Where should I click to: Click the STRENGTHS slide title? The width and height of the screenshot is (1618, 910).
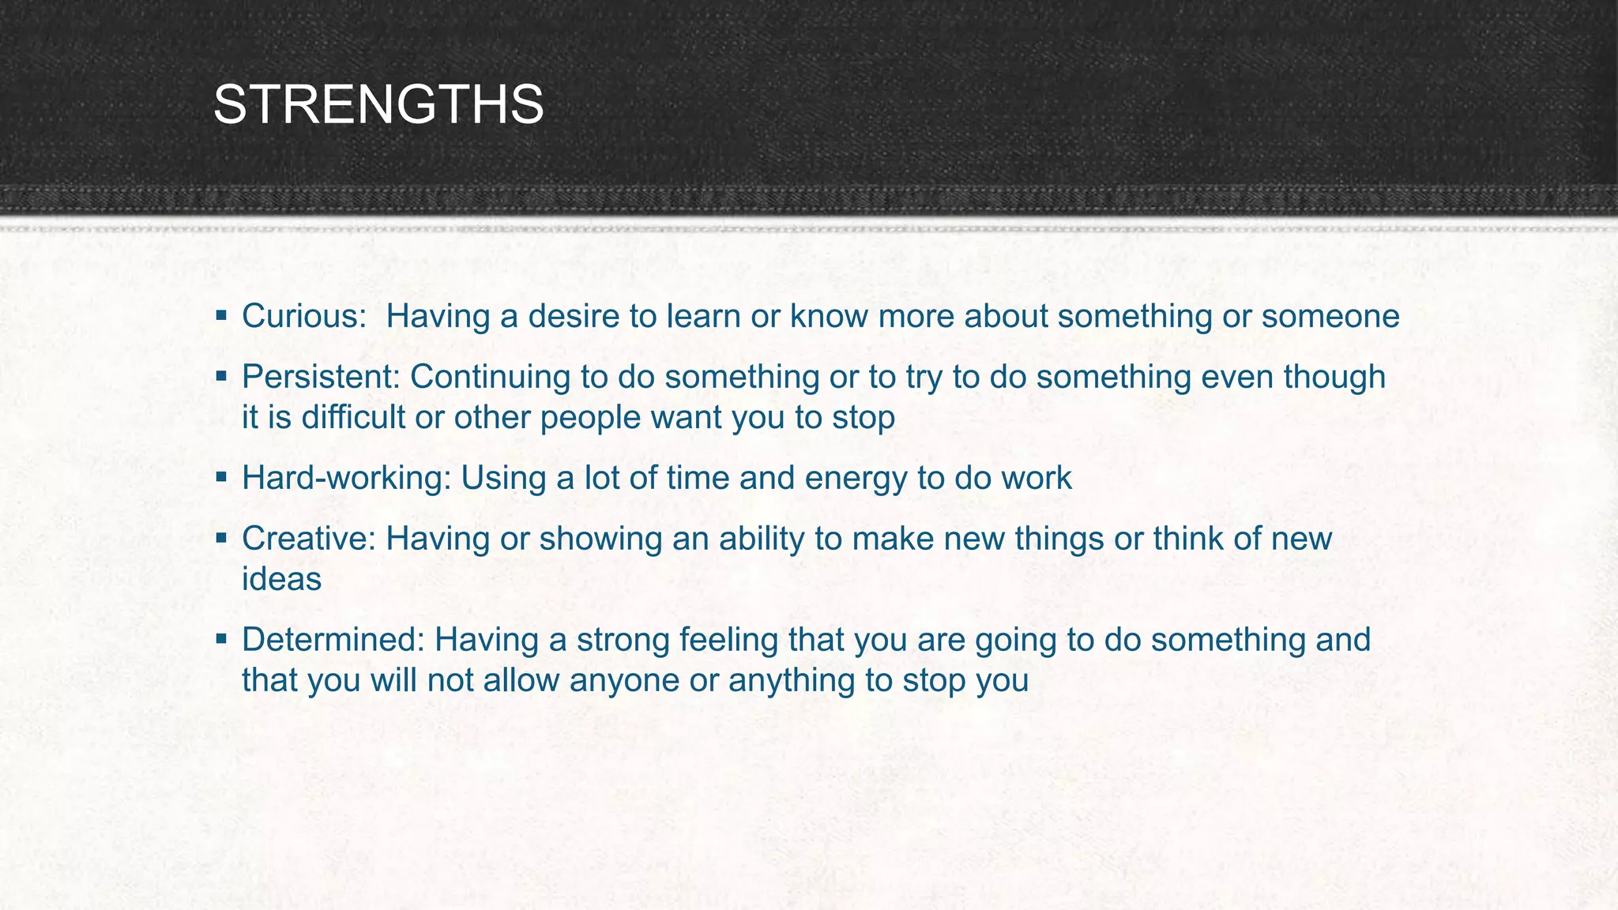coord(378,105)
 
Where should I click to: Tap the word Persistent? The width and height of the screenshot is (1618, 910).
coord(318,377)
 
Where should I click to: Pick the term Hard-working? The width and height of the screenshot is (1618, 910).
coord(344,479)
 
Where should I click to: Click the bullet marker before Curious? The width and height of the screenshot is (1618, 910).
coord(222,316)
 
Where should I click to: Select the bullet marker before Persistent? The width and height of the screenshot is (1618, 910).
coord(222,377)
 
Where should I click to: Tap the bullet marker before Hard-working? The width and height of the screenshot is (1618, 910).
coord(222,478)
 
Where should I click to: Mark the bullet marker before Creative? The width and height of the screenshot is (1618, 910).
coord(222,539)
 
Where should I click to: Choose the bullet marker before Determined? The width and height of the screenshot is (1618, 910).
coord(222,639)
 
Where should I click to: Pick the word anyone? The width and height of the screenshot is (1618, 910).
coord(624,681)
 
